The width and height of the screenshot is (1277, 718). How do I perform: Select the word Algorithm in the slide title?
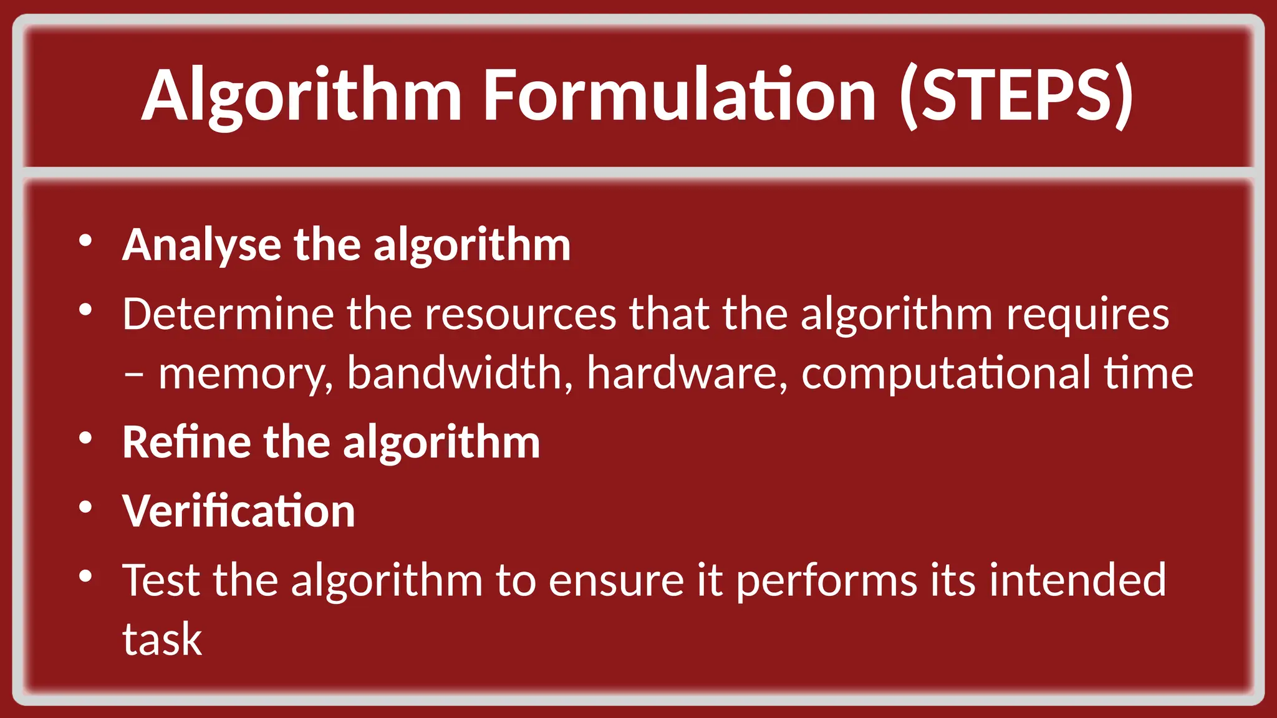point(302,97)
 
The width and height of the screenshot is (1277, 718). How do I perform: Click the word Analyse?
point(201,245)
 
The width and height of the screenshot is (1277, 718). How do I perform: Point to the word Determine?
point(228,314)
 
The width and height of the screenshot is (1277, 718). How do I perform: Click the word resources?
point(520,314)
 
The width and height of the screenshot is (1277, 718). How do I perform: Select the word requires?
point(1087,315)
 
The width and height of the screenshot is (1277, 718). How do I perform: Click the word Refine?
point(186,442)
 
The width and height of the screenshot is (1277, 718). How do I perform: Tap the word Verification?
point(239,511)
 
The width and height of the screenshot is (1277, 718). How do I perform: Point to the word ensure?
point(616,580)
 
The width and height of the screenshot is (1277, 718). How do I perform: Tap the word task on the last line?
point(162,639)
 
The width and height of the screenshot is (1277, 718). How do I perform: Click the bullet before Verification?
point(86,508)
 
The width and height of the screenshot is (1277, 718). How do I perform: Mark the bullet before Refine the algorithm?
point(86,439)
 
